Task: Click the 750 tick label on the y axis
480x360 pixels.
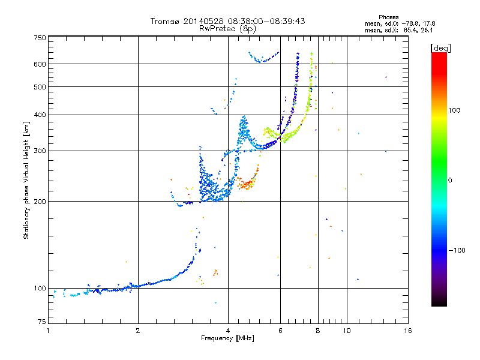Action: click(40, 37)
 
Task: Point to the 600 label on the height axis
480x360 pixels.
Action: click(40, 64)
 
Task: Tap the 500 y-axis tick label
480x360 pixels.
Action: click(40, 87)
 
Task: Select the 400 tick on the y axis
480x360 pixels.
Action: click(40, 115)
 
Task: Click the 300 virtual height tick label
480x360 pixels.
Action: click(40, 151)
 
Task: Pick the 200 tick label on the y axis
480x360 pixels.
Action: click(40, 202)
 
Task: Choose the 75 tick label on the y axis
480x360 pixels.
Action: click(41, 324)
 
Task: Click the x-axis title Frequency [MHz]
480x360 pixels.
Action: click(227, 339)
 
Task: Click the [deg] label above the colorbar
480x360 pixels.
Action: click(441, 47)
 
